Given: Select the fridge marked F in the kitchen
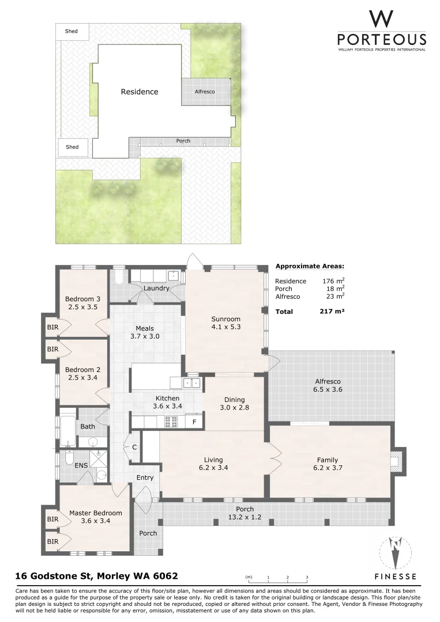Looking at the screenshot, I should (195, 422).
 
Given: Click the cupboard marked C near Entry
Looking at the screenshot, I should (134, 447).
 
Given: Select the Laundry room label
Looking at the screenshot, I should (156, 288).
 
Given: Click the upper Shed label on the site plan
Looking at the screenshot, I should (71, 32).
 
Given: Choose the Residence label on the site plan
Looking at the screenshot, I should (139, 92).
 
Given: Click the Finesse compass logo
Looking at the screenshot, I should (396, 552).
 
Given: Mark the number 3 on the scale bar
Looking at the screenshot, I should (307, 577).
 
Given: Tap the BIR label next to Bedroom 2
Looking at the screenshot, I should (52, 349).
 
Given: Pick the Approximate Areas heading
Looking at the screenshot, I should (310, 266).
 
